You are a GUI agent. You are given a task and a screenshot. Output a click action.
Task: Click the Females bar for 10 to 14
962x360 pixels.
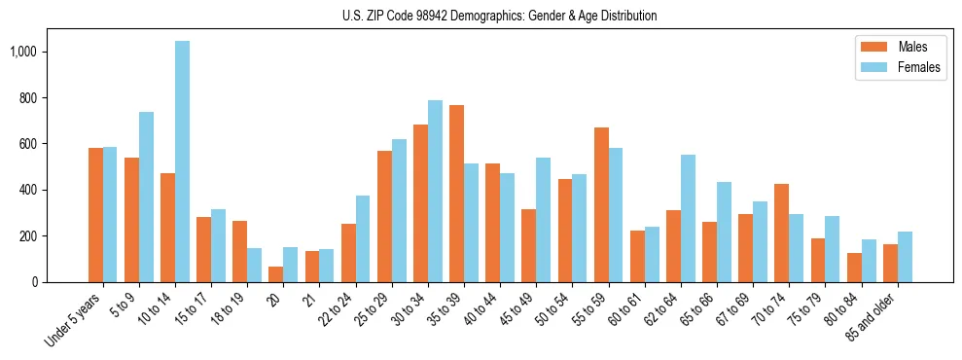(182, 162)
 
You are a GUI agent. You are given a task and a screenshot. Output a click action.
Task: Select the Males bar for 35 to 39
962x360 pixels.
(456, 194)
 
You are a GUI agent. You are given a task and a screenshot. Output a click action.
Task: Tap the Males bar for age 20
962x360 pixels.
(276, 274)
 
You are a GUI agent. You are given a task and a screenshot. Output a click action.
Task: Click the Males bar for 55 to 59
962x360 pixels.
(601, 204)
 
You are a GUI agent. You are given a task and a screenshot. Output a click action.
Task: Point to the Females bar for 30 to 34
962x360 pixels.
(435, 191)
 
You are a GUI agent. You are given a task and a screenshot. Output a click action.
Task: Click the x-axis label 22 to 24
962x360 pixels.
(333, 313)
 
